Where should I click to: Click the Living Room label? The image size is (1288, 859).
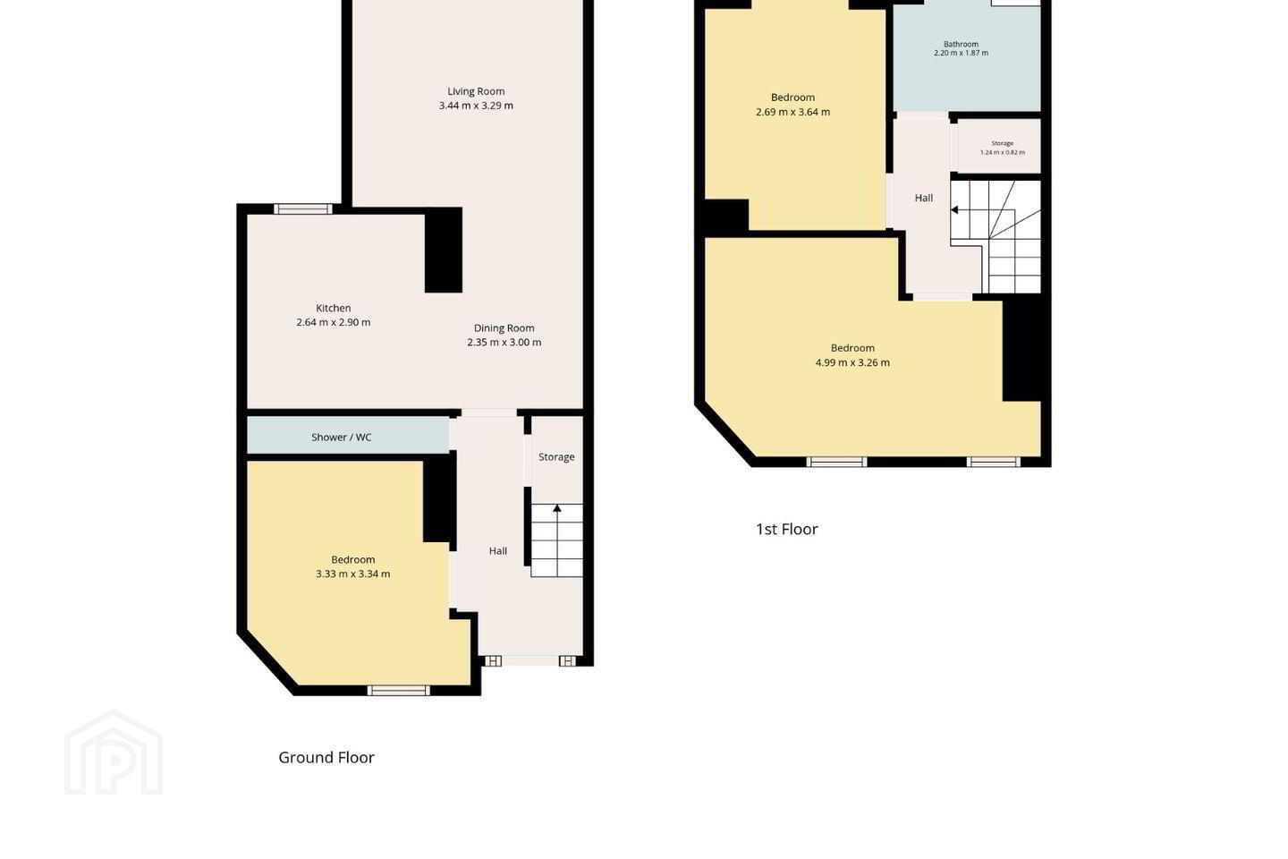[476, 91]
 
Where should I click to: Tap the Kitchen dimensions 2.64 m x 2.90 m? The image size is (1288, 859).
[334, 322]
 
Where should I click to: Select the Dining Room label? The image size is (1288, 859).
[504, 328]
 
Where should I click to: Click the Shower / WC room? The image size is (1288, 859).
[348, 436]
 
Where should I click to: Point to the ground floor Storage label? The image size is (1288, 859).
[556, 457]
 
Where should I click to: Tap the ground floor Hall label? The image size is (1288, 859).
[498, 550]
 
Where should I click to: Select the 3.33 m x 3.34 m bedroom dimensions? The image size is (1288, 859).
[353, 574]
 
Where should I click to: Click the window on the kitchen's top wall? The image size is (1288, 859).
[303, 208]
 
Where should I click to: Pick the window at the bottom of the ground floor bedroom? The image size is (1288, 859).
[399, 690]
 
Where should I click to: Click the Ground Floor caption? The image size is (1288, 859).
[326, 757]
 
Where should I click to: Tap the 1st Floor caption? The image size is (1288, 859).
[786, 529]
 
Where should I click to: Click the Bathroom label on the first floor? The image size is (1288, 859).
[961, 44]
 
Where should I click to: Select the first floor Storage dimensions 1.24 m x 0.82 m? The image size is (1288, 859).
[1002, 152]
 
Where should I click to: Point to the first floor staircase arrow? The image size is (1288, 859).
[954, 210]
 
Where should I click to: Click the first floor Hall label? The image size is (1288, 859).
[924, 198]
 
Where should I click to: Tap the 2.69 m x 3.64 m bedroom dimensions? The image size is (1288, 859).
[792, 112]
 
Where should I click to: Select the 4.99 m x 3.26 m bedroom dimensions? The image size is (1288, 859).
[852, 362]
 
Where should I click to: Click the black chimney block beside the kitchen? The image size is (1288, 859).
[444, 251]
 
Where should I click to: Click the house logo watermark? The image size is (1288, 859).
[114, 753]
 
